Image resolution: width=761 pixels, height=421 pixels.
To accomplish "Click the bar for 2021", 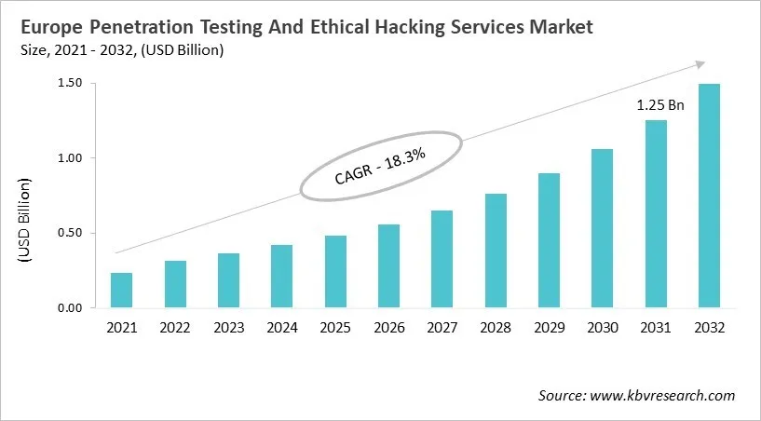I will click(121, 290).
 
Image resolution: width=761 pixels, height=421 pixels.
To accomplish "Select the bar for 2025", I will click(335, 271).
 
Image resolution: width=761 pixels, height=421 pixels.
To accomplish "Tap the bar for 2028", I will click(496, 251).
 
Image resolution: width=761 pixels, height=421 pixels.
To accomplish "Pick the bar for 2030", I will click(603, 228).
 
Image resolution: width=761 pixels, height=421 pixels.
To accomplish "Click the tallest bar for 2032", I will click(710, 196).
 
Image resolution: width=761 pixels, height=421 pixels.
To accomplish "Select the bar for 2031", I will click(657, 213).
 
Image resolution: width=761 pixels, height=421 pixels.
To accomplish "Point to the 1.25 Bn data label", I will click(660, 105).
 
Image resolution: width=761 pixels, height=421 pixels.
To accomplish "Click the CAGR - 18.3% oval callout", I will click(380, 164).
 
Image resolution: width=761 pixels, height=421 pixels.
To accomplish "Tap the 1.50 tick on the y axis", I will click(70, 84).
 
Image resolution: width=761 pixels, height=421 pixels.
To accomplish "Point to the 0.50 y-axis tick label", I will click(70, 233).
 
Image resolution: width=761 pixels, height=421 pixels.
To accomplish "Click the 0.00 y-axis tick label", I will click(70, 308).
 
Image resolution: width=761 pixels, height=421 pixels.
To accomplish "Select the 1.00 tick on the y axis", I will click(70, 158).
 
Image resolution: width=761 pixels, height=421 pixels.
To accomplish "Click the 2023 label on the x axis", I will click(228, 328).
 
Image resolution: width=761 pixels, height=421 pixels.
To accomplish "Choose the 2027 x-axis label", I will click(442, 328).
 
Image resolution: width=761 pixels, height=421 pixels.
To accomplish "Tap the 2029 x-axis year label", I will click(550, 328).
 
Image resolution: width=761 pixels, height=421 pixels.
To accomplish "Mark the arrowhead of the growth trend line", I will click(698, 63).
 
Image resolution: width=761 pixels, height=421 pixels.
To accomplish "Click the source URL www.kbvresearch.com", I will click(662, 396).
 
